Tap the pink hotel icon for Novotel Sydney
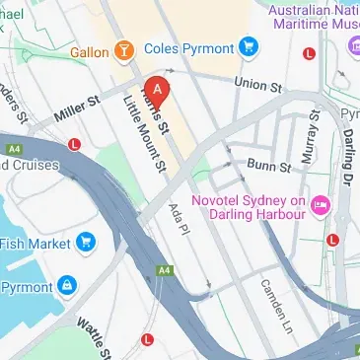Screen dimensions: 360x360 [320, 205]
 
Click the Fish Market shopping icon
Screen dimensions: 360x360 [86, 241]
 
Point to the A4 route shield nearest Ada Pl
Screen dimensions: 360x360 [162, 268]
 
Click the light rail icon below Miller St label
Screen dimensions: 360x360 [75, 144]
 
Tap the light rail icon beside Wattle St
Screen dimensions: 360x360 [147, 339]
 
